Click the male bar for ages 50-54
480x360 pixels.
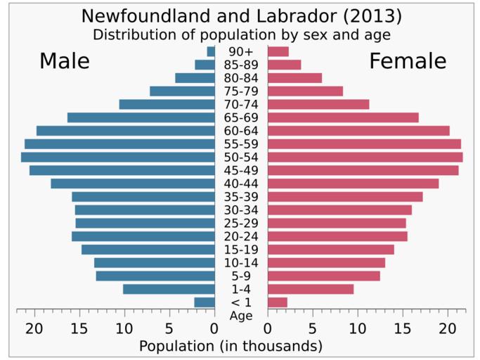118,157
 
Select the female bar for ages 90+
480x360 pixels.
278,51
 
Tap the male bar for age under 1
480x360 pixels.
205,302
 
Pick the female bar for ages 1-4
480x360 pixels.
311,289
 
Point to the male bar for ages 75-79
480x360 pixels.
182,91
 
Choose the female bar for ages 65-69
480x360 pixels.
343,117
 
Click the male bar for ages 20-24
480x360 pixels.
143,236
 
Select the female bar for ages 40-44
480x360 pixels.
353,184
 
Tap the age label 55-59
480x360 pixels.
241,144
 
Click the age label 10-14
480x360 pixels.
241,263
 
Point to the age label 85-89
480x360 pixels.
241,65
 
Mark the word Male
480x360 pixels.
65,61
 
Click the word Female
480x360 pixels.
408,61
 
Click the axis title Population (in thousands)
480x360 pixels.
231,346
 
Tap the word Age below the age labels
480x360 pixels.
241,316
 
